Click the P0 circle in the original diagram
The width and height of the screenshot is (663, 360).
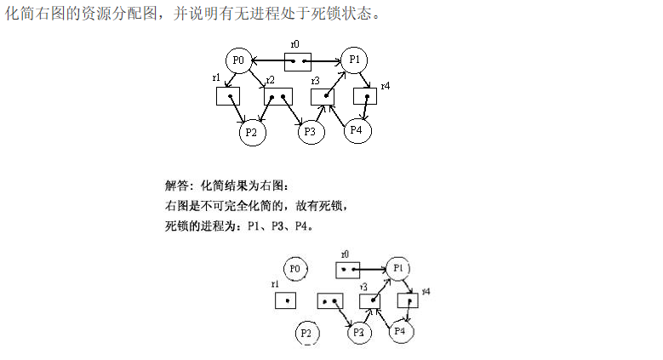coord(238,60)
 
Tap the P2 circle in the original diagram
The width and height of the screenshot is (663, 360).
coord(251,132)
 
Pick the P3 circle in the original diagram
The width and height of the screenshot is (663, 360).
coord(310,132)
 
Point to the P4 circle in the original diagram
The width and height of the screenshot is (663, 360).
coord(357,129)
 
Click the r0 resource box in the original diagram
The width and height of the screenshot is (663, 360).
coord(297,61)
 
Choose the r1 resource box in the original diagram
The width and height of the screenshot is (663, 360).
coord(229,96)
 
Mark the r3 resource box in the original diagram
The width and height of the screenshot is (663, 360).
coord(323,96)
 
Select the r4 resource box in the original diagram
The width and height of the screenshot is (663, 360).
coord(365,96)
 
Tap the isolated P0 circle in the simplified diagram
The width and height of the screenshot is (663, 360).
coord(295,269)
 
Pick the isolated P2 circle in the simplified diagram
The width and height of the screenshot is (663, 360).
coord(308,333)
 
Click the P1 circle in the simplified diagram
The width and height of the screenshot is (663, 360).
coord(397,269)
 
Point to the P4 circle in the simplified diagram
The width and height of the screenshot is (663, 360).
coord(402,330)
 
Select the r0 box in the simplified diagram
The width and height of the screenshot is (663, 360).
coord(348,270)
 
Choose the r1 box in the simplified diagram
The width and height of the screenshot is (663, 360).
coord(285,300)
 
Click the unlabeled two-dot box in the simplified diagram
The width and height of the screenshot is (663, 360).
coord(330,300)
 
